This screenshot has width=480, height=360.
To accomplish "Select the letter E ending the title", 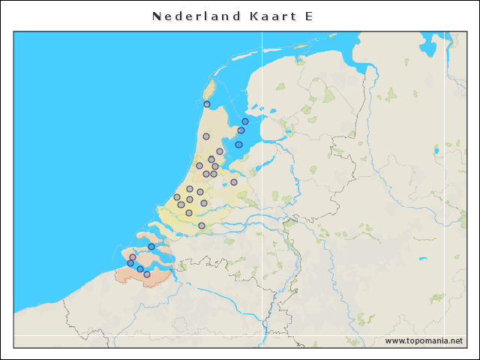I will click(x=309, y=16).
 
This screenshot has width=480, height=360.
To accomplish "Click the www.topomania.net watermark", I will click(x=424, y=340).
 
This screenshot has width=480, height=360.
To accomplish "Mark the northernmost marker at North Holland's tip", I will click(x=207, y=104).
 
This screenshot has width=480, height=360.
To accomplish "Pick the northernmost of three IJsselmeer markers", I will click(x=245, y=121).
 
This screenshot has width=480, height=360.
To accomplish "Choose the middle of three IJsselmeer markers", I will click(x=241, y=130).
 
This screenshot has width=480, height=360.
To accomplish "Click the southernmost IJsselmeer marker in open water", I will click(x=238, y=145).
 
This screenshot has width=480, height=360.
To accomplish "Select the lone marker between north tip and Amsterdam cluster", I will click(x=206, y=136).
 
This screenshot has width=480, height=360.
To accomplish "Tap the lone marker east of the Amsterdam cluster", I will click(x=234, y=182).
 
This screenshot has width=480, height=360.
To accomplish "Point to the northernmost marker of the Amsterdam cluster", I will click(x=220, y=151).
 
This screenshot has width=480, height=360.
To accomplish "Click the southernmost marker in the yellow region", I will click(x=202, y=226).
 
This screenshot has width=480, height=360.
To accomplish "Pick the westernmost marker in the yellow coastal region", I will click(x=177, y=197).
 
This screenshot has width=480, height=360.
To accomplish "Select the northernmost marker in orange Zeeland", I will click(x=151, y=247).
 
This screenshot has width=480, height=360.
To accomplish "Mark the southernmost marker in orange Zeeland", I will click(x=147, y=274).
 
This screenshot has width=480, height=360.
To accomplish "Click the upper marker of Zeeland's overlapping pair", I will click(x=133, y=257).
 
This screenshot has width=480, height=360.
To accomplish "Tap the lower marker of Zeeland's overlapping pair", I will click(x=130, y=263).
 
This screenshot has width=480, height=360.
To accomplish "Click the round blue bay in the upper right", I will click(x=428, y=49).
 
